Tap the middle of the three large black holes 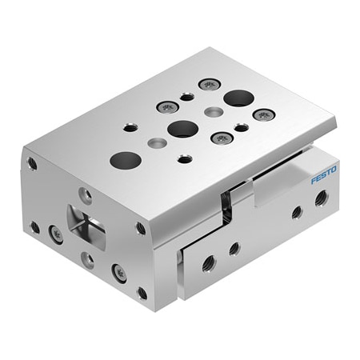click(x=183, y=128)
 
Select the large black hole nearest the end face click(x=126, y=159)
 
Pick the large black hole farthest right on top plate click(x=238, y=98)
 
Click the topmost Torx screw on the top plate click(x=209, y=84)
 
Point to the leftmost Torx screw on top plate click(x=167, y=106)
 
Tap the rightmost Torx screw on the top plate click(x=263, y=114)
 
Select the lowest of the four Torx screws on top click(x=222, y=138)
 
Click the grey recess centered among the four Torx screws click(x=214, y=111)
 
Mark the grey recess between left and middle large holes click(x=156, y=143)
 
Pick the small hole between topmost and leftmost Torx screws click(x=186, y=97)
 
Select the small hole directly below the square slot click(x=88, y=259)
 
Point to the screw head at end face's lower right click(x=119, y=273)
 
